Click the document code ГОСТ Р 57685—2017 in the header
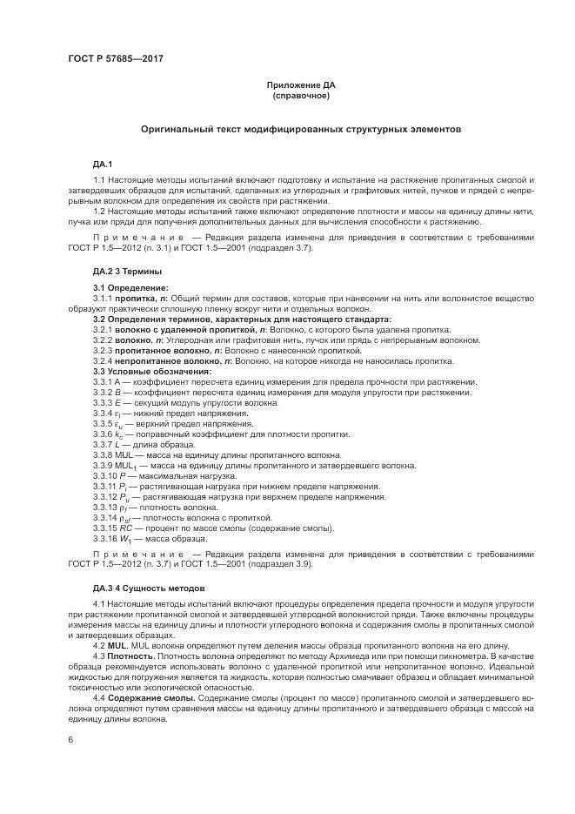click(x=116, y=58)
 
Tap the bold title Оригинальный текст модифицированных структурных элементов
click(x=301, y=129)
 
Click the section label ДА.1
click(x=103, y=163)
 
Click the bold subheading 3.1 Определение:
click(x=130, y=287)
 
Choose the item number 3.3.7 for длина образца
click(x=104, y=444)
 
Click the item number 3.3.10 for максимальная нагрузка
click(x=106, y=475)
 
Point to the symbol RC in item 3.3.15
click(x=128, y=528)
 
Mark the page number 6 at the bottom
click(x=70, y=739)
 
